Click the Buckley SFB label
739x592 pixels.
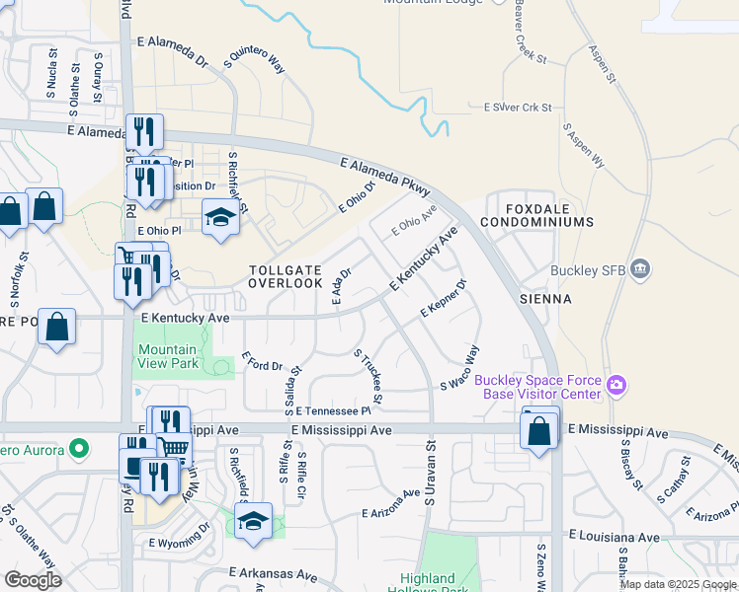(x=587, y=268)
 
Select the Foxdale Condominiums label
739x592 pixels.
(x=537, y=215)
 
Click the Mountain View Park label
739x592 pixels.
(x=167, y=356)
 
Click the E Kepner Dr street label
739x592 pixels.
(x=443, y=297)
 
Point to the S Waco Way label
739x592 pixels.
(x=459, y=367)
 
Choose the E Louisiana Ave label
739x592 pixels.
(x=615, y=537)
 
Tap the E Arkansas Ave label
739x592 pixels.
(x=273, y=573)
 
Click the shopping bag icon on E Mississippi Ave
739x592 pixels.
(x=538, y=430)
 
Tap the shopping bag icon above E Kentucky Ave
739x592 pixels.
(x=57, y=329)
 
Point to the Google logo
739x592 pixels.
(x=33, y=580)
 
